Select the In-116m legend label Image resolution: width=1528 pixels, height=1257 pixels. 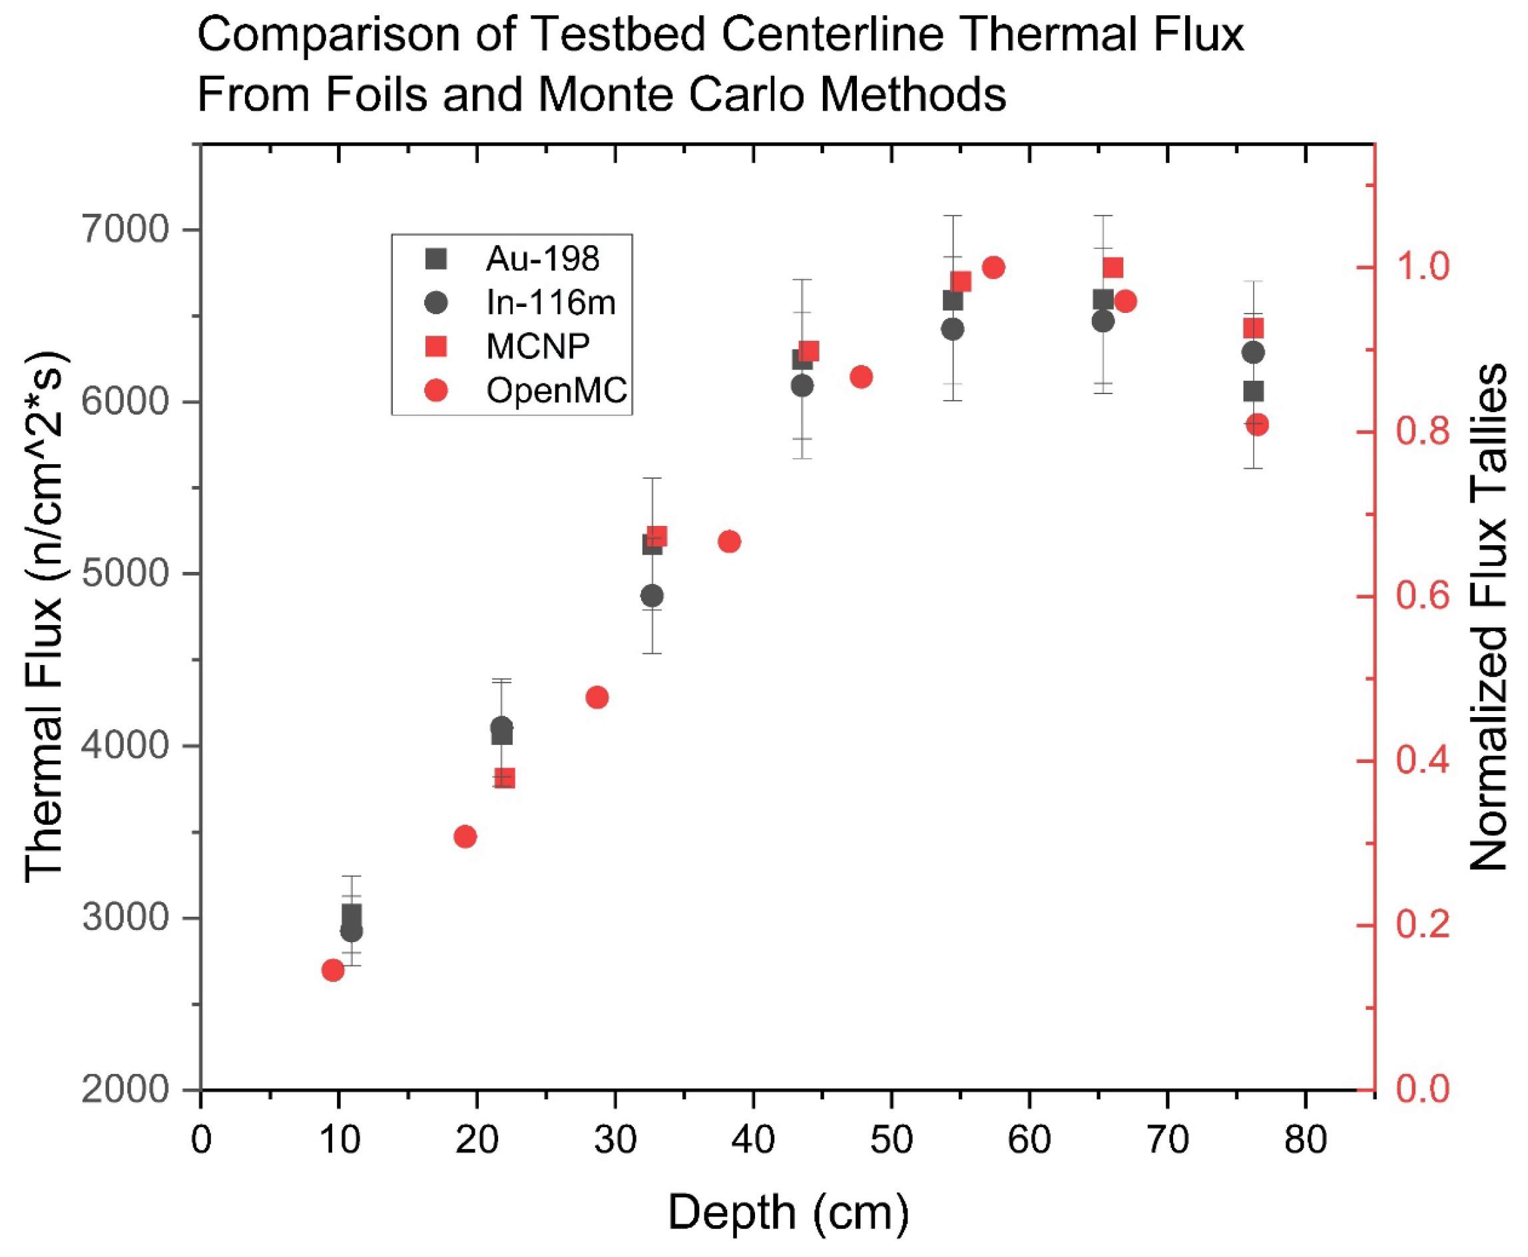pyautogui.click(x=551, y=303)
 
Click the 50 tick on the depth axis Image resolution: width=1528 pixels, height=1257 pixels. pyautogui.click(x=891, y=1140)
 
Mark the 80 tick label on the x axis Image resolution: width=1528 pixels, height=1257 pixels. pyautogui.click(x=1306, y=1140)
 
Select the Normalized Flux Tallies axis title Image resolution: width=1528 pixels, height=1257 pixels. pyautogui.click(x=1487, y=617)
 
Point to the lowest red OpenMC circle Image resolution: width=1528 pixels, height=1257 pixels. pyautogui.click(x=333, y=970)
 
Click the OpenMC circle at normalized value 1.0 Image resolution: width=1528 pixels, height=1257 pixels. pyautogui.click(x=993, y=267)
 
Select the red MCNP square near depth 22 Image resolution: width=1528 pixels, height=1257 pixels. pyautogui.click(x=505, y=778)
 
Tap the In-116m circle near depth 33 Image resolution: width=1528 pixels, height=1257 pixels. pyautogui.click(x=652, y=596)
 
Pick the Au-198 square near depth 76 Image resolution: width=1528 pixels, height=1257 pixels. pyautogui.click(x=1254, y=391)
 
